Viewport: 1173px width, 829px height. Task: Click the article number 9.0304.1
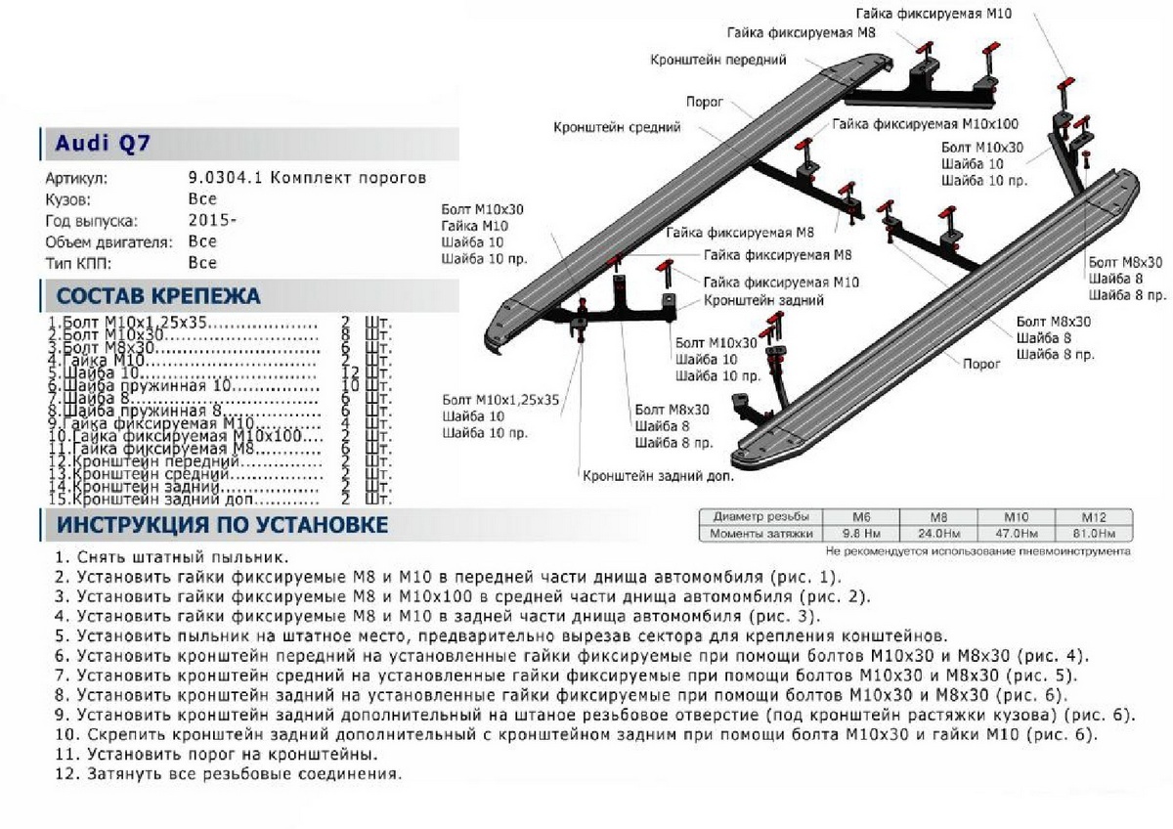coord(225,178)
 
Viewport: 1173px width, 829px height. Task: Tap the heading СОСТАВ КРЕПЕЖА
coord(158,296)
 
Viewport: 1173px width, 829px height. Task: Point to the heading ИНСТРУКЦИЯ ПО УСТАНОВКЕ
coord(222,525)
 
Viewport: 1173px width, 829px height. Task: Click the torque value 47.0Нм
coord(1017,534)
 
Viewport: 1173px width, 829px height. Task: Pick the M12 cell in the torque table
coord(1093,516)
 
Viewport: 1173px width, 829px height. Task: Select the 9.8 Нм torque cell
coord(862,534)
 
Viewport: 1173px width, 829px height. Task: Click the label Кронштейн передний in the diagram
coord(718,60)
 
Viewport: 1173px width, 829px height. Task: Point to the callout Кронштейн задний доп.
coord(658,477)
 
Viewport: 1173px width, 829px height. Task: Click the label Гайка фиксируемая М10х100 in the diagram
coord(926,125)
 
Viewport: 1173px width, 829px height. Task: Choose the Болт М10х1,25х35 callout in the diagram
coord(500,400)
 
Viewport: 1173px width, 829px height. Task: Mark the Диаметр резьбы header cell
coord(760,516)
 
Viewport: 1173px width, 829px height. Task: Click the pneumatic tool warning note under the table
coord(977,551)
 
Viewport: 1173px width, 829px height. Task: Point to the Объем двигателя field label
coord(109,241)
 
